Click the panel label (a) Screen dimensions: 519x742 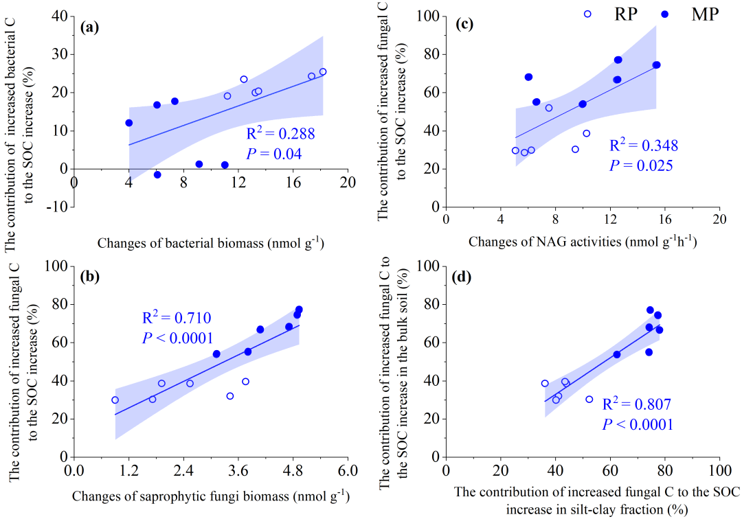(x=91, y=27)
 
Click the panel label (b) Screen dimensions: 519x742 (x=91, y=277)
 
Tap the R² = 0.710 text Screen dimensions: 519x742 (x=171, y=317)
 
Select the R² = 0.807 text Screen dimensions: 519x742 (x=636, y=404)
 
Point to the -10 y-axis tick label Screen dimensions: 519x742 (x=55, y=207)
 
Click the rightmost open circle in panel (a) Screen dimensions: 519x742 (x=323, y=71)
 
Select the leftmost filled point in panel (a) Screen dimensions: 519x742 (x=129, y=123)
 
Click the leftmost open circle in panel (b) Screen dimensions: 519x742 (x=115, y=400)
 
